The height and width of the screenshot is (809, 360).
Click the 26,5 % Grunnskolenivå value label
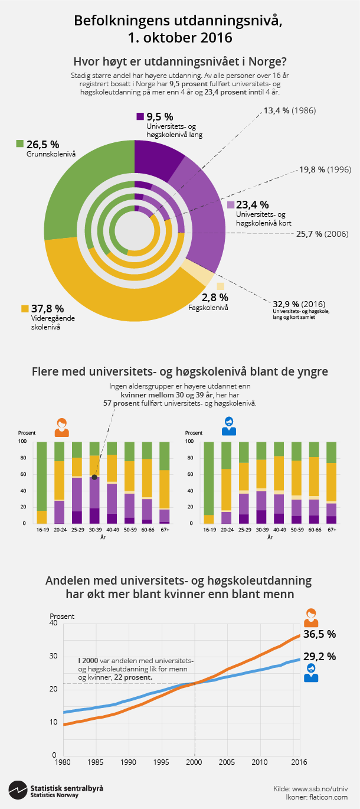click(x=42, y=143)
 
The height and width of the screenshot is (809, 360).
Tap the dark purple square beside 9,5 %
click(x=140, y=116)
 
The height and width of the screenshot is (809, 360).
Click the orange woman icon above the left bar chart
click(x=61, y=427)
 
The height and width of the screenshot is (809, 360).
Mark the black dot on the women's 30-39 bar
click(x=94, y=477)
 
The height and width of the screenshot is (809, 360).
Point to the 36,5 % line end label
click(x=319, y=634)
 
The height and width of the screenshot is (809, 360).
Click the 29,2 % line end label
click(x=319, y=656)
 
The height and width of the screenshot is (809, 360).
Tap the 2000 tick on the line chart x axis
click(x=195, y=762)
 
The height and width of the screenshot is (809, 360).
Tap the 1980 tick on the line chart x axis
click(x=63, y=762)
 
